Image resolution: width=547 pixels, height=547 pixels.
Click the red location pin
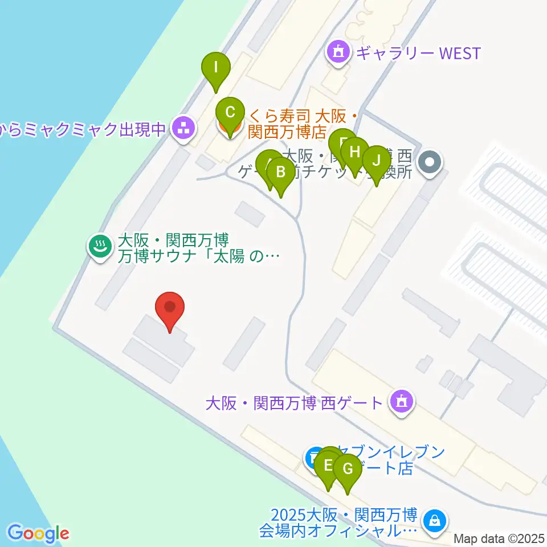pyautogui.click(x=170, y=309)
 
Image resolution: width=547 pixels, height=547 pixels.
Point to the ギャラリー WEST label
pyautogui.click(x=418, y=54)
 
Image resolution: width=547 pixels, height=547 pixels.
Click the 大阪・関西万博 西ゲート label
pyautogui.click(x=293, y=403)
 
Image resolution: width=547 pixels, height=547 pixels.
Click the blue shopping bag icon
pyautogui.click(x=435, y=521)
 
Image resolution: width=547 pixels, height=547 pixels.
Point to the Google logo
pyautogui.click(x=38, y=533)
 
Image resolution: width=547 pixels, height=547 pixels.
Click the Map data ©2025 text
pyautogui.click(x=499, y=538)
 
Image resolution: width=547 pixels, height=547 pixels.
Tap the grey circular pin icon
pyautogui.click(x=430, y=163)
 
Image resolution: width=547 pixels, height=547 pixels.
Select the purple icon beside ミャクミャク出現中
pyautogui.click(x=183, y=129)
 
